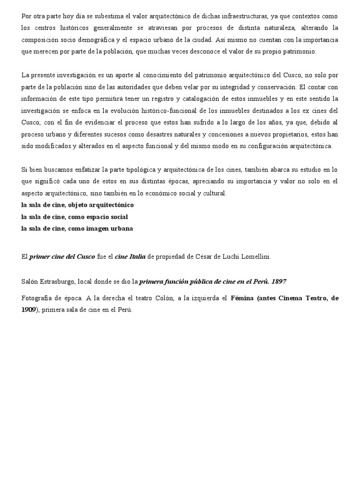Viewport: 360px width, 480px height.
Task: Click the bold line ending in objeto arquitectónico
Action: (77, 205)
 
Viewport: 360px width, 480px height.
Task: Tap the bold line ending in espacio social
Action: (75, 217)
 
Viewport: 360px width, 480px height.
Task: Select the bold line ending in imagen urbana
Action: (77, 228)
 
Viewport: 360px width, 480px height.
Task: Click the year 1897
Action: (278, 281)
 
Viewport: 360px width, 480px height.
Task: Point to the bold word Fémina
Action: (243, 298)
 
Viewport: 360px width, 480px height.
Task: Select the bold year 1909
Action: (29, 309)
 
